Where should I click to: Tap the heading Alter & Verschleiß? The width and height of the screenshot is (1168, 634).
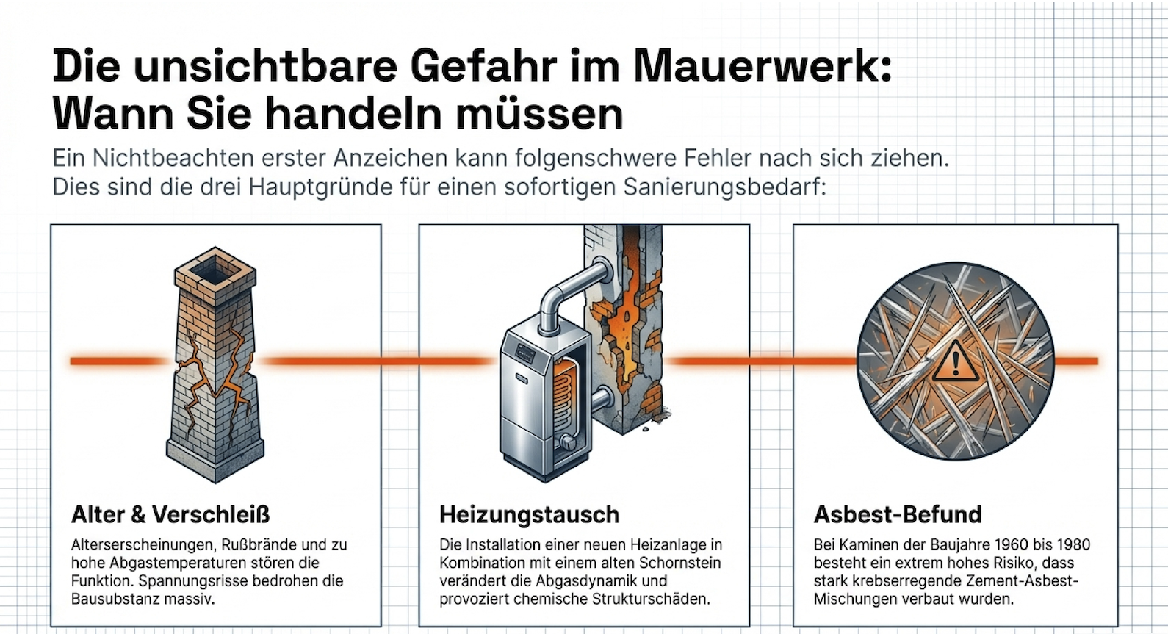click(170, 514)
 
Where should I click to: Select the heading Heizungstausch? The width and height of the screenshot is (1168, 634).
click(529, 515)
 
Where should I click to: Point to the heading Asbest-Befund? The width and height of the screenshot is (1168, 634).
click(898, 514)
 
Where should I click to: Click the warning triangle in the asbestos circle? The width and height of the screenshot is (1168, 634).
click(955, 361)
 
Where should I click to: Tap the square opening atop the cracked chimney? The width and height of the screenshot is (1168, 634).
click(215, 270)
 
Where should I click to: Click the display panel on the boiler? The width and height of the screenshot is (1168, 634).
click(526, 353)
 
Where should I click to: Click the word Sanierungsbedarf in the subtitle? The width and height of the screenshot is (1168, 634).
click(725, 187)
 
